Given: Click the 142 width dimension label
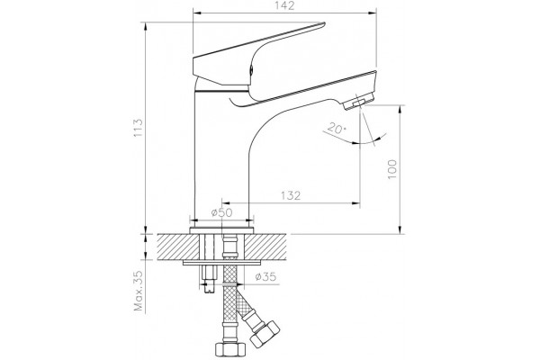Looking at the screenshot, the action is (284, 6).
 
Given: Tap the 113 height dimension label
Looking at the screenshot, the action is (138, 128).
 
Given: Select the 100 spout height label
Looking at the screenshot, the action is (392, 169).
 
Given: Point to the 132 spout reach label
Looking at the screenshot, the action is (291, 195).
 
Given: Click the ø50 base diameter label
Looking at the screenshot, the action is (222, 212).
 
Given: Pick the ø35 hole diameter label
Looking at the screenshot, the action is (265, 276).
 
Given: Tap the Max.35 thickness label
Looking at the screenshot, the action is (139, 291).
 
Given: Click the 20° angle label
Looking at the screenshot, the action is (336, 129).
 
